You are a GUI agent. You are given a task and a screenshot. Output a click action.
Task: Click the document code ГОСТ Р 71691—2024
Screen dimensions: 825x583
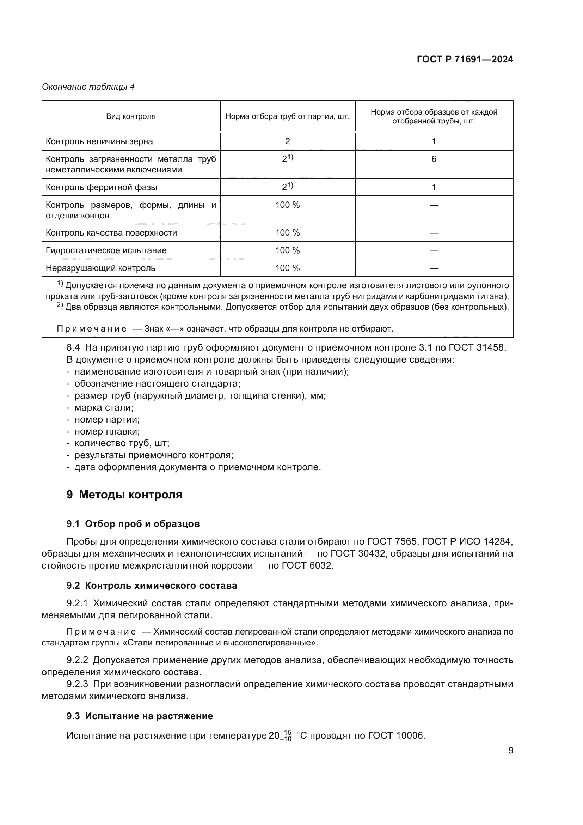coord(465,60)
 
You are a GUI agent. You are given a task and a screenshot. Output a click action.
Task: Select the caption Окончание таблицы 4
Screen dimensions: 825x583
coord(88,87)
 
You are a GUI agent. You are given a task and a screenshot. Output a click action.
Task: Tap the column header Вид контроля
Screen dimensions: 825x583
coord(131,116)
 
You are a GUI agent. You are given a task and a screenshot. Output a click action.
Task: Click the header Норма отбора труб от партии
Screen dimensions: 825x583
coord(287,116)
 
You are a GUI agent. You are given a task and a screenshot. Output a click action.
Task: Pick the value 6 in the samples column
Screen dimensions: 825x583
coord(434,159)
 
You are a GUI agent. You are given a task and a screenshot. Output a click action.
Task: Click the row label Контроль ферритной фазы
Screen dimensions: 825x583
coord(101,187)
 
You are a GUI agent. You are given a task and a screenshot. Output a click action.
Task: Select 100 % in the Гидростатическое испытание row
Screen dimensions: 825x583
coord(287,250)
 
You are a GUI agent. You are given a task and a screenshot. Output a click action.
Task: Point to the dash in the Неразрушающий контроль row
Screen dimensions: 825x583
coord(434,268)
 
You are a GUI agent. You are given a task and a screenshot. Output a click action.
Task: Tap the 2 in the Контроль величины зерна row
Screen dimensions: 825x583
coord(287,141)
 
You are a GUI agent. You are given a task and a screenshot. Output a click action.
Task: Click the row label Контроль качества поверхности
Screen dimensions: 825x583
coord(111,233)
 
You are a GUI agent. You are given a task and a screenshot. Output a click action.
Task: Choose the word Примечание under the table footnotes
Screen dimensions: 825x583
coord(92,329)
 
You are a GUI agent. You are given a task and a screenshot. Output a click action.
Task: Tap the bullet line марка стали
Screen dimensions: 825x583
coord(104,407)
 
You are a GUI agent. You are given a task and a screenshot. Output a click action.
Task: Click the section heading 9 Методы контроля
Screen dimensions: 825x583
coord(124,495)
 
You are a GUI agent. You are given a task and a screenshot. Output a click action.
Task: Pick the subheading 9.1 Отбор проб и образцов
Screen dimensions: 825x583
coord(133,524)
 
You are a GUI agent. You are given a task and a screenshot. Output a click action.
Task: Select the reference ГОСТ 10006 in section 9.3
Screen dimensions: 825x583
coord(396,735)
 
